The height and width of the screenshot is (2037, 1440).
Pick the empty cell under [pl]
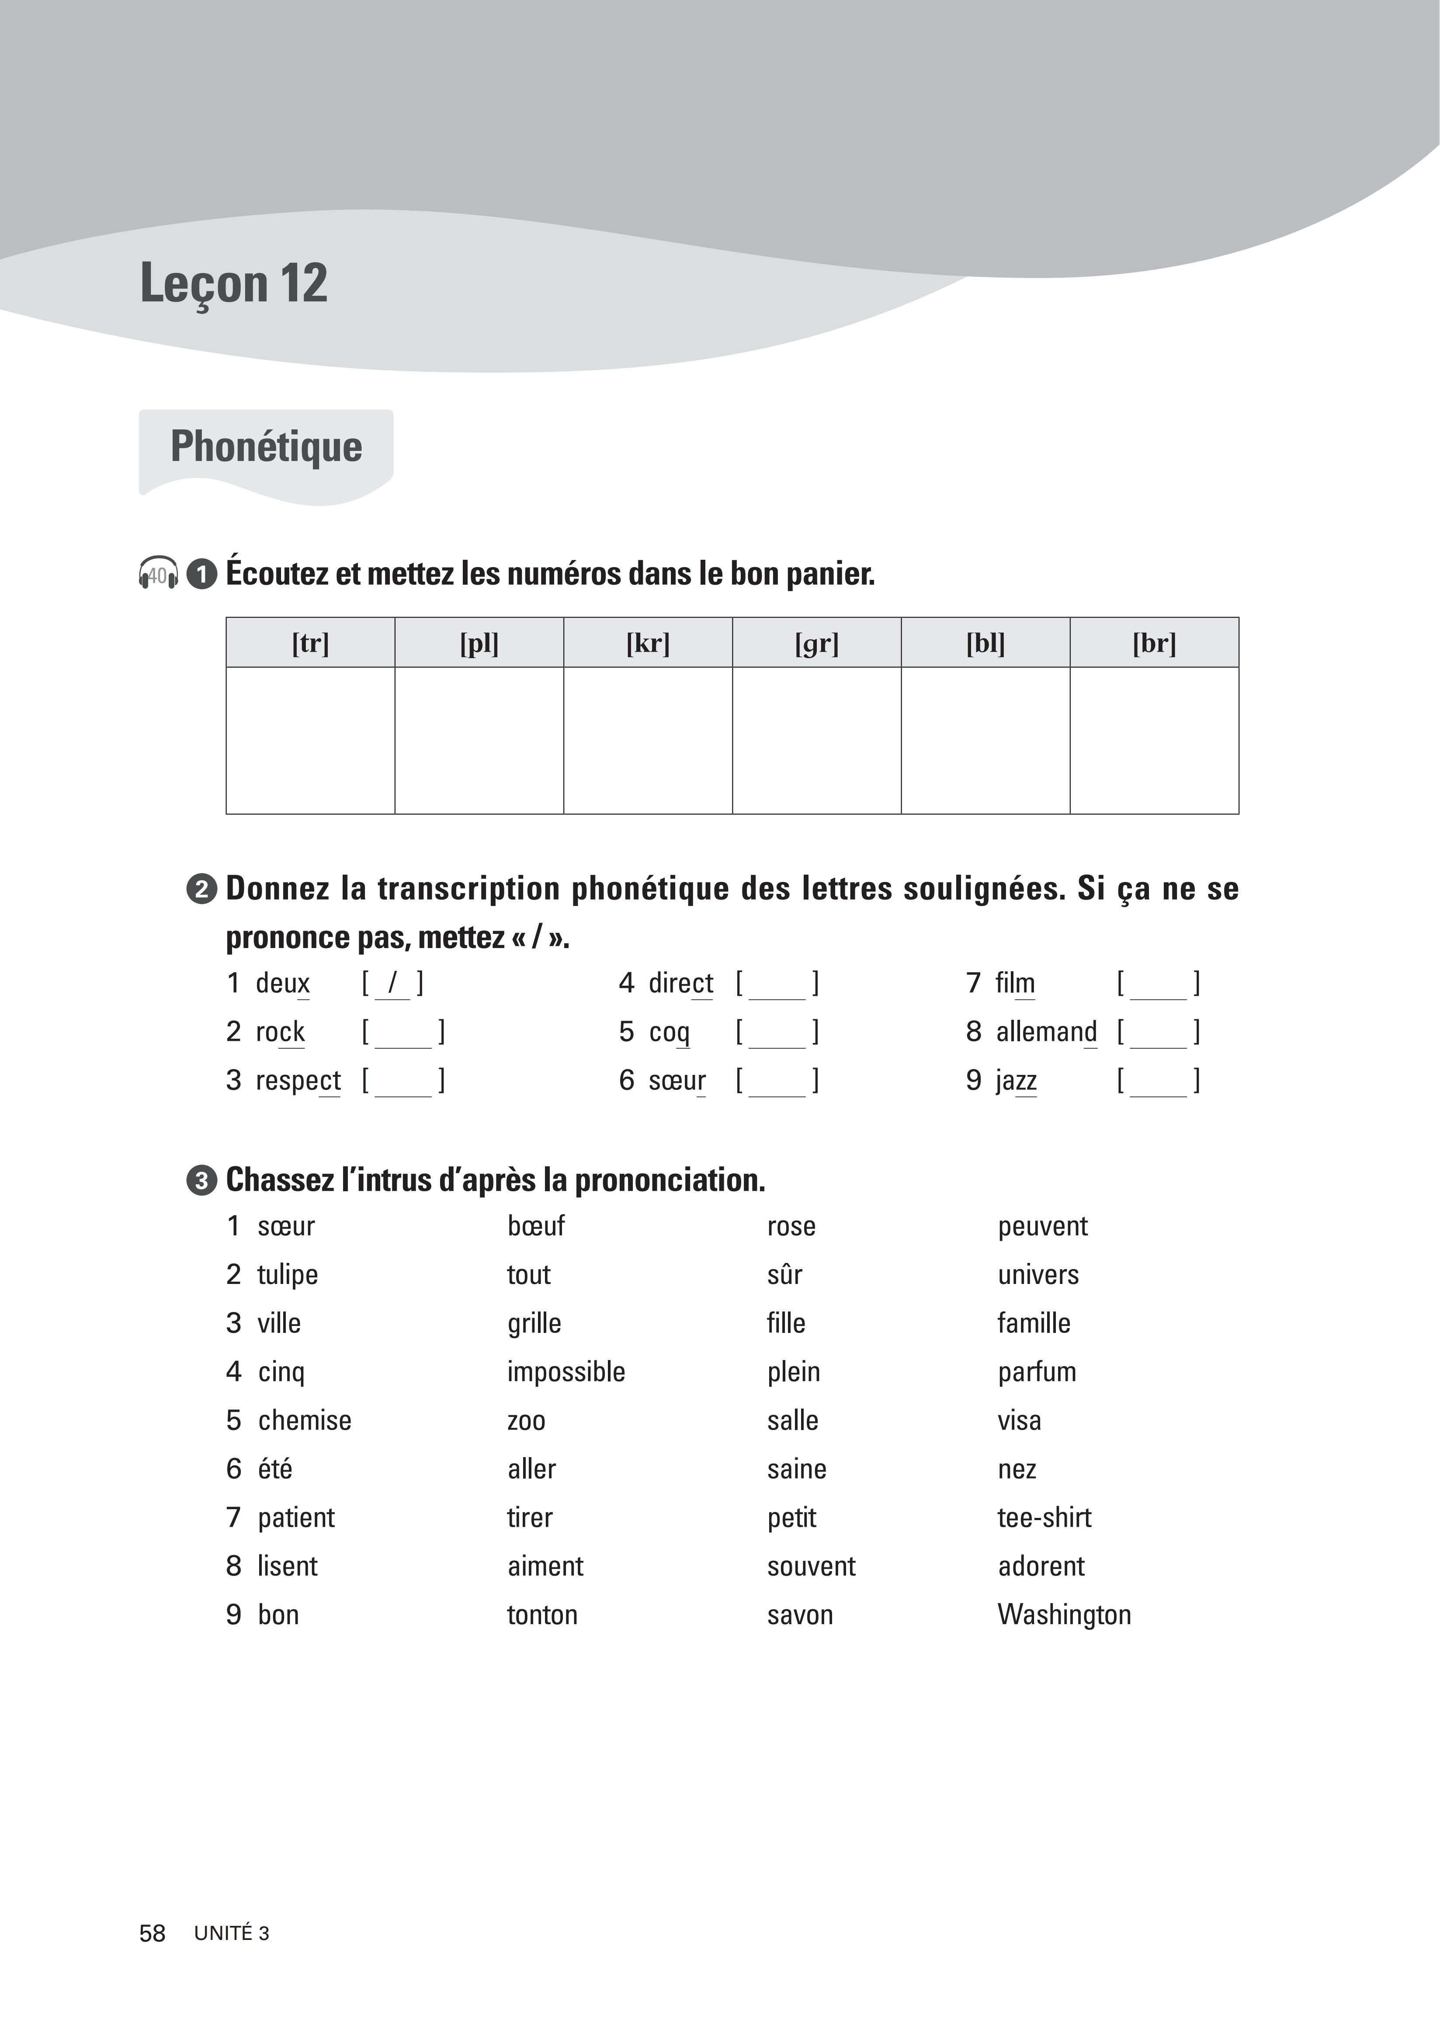click(x=479, y=740)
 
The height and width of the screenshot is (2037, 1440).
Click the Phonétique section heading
click(x=266, y=446)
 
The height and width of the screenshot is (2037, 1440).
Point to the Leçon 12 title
click(x=234, y=284)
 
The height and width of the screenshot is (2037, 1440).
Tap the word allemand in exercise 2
click(x=1046, y=1032)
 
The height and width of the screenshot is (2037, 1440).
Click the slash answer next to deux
click(x=392, y=983)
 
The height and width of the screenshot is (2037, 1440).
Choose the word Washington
click(x=1064, y=1615)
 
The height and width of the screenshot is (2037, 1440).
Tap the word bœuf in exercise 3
click(x=535, y=1226)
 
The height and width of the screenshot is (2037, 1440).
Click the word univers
click(x=1037, y=1275)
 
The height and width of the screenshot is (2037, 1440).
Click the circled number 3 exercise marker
click(x=201, y=1181)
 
